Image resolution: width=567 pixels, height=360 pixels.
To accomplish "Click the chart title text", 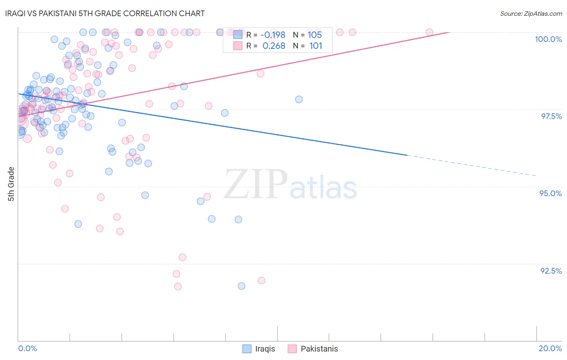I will tap(105, 13).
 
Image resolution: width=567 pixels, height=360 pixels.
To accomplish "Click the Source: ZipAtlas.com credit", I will tap(531, 14).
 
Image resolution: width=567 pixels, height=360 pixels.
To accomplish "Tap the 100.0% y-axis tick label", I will tap(548, 39).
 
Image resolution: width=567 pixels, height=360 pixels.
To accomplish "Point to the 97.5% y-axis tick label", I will tap(551, 116).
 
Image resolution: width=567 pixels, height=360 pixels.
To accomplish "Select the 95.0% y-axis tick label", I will tap(550, 193).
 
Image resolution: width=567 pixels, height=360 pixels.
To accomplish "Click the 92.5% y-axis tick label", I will tap(551, 271).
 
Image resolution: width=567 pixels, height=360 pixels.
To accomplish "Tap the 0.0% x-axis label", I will tap(27, 348).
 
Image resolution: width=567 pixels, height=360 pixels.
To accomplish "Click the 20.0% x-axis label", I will tap(550, 348).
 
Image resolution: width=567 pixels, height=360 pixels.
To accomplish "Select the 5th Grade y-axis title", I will tap(11, 184).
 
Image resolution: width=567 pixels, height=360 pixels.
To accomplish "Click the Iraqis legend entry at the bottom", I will tap(259, 349).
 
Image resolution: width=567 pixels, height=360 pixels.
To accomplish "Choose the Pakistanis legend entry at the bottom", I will tap(313, 349).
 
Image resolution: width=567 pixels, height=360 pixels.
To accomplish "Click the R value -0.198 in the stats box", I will tap(273, 35).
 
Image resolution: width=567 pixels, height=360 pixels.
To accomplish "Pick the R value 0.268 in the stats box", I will tap(273, 46).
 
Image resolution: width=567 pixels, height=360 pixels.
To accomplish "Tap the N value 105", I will tap(315, 35).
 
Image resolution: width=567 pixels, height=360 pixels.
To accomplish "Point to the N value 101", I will tap(315, 46).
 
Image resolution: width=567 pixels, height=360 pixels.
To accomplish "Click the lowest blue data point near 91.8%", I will tap(241, 286).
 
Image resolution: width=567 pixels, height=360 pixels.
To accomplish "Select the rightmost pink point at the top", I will tap(429, 32).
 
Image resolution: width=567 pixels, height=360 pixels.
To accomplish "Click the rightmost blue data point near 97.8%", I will tap(299, 99).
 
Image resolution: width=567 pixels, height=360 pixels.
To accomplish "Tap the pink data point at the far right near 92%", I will tap(261, 280).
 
